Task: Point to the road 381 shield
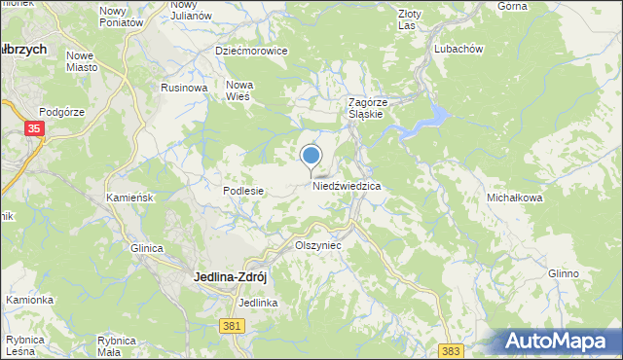coord(231,326)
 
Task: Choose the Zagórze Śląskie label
coord(369,108)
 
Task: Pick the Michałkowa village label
coord(514,198)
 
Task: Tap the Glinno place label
coord(564,273)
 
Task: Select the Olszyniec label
coord(318,247)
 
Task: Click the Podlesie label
coord(243,192)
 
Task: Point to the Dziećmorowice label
coord(251,50)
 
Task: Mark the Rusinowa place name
coord(185,88)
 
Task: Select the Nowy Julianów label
coord(191,11)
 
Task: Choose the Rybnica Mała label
coord(122,345)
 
